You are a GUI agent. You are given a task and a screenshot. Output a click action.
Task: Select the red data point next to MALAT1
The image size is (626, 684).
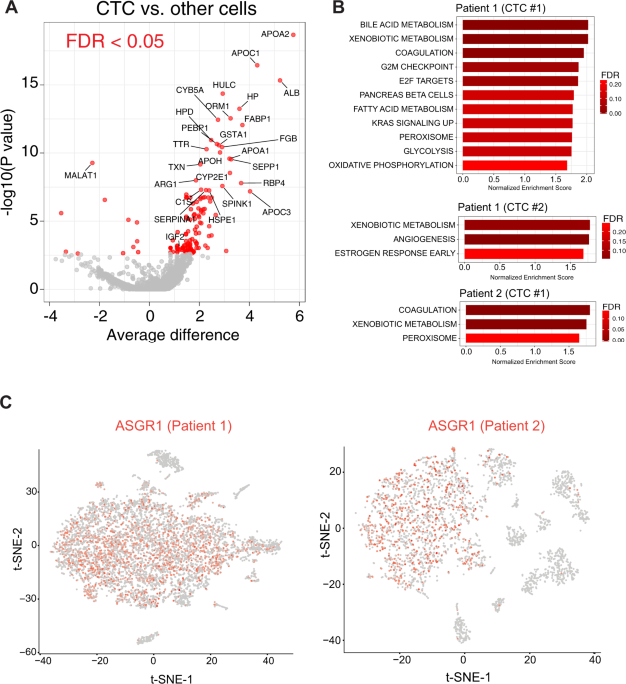(92, 163)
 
